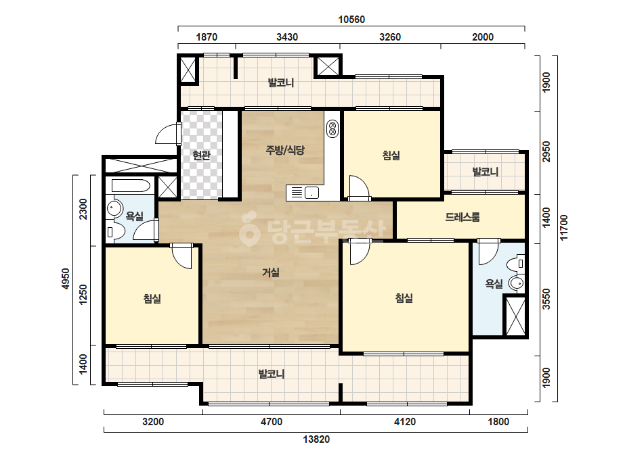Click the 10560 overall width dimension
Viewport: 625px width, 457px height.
(351, 20)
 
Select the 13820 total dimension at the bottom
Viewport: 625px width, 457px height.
(316, 439)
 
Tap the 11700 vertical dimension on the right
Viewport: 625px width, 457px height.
(563, 227)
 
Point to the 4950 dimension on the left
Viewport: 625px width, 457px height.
(66, 279)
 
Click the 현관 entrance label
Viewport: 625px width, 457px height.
(201, 155)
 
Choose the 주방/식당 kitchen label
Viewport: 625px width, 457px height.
(285, 150)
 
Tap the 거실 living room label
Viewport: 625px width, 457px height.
(271, 272)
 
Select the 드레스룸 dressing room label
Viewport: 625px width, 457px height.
(462, 217)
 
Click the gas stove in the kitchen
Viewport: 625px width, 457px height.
(332, 129)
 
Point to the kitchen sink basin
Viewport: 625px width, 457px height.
(311, 193)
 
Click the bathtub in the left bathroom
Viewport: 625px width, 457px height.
(131, 186)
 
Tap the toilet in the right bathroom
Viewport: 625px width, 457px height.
(517, 264)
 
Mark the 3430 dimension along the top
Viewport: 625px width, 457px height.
(287, 37)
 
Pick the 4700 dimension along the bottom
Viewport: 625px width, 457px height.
(272, 422)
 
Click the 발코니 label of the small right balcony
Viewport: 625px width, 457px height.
(485, 172)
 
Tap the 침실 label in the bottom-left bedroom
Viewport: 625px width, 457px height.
(152, 299)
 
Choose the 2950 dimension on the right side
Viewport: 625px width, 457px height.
(546, 151)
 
